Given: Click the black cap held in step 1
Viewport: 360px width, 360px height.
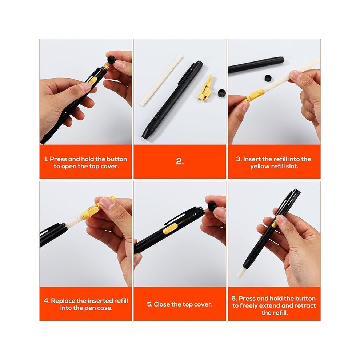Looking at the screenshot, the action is click(x=112, y=60).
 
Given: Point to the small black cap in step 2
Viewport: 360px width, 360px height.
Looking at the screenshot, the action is click(x=221, y=93).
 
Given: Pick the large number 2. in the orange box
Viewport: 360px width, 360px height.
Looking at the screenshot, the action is click(x=180, y=161).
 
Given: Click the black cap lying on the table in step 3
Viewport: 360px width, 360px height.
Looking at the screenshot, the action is click(x=268, y=78).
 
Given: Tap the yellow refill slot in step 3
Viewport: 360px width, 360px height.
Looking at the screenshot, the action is click(x=255, y=95).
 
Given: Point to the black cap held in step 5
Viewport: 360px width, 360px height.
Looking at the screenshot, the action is click(x=212, y=205).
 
